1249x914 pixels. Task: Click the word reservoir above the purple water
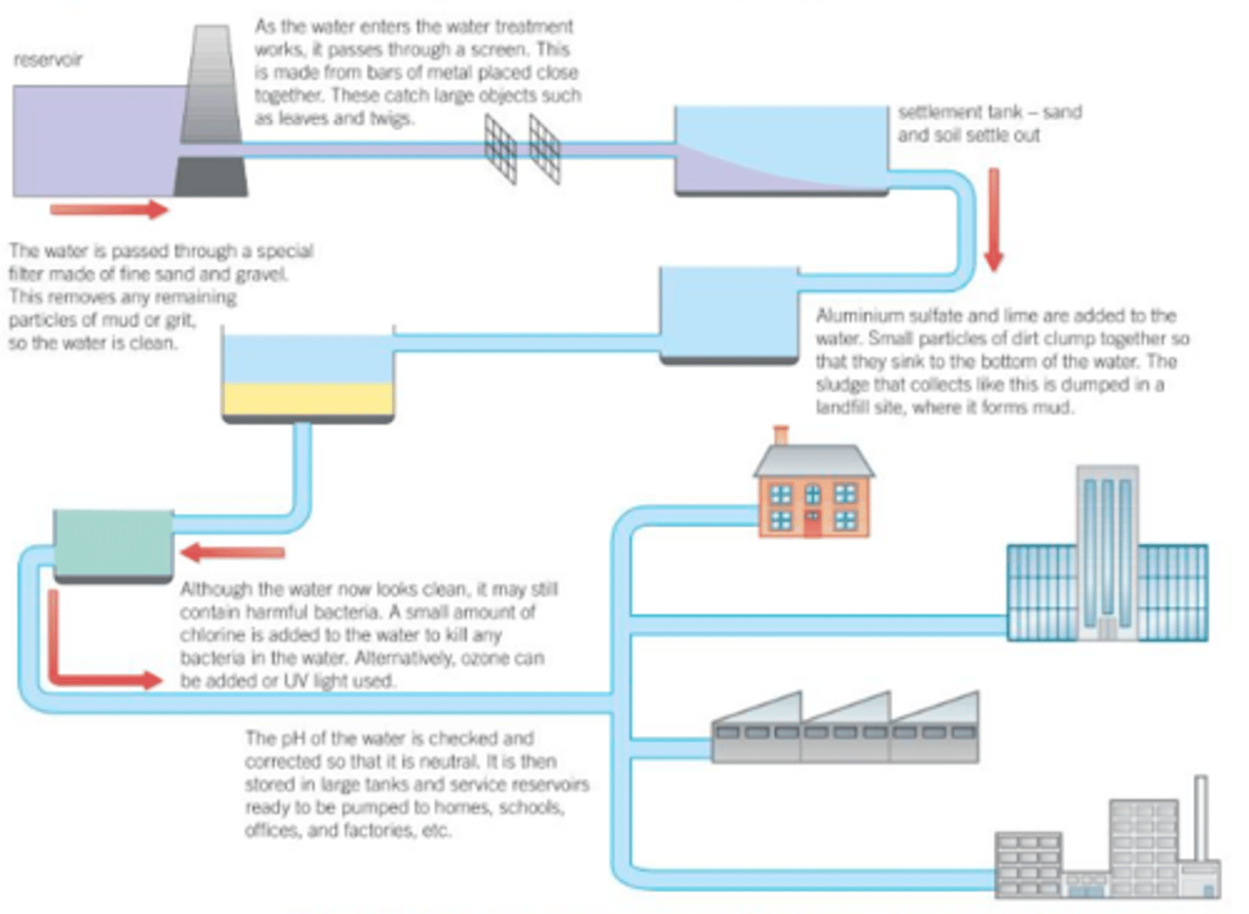[48, 60]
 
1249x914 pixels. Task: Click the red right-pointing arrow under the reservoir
[108, 209]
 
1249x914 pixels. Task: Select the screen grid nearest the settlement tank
[545, 149]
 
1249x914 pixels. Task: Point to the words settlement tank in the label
[954, 113]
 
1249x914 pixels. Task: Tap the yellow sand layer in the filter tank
[308, 400]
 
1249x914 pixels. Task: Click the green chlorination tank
[113, 544]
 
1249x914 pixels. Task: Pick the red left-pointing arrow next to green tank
[232, 552]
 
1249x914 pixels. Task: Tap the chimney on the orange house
[781, 434]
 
